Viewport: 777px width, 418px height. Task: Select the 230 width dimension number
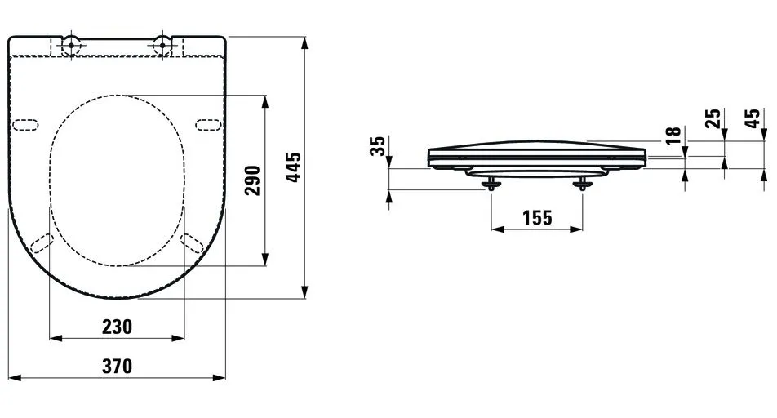(x=117, y=327)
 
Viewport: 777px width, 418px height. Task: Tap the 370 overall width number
(x=117, y=367)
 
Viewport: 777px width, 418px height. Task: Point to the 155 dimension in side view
(x=536, y=218)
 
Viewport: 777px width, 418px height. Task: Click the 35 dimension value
(x=377, y=147)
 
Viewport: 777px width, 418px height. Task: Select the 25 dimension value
(x=713, y=119)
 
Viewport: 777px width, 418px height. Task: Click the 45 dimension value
(x=753, y=119)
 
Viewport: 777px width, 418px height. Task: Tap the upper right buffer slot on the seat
(x=208, y=124)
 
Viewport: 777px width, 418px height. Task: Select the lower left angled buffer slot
(x=41, y=243)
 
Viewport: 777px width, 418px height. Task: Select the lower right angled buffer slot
(x=193, y=243)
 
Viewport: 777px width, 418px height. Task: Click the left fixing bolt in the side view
(x=490, y=185)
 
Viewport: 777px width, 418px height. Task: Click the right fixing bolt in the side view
(x=583, y=185)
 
